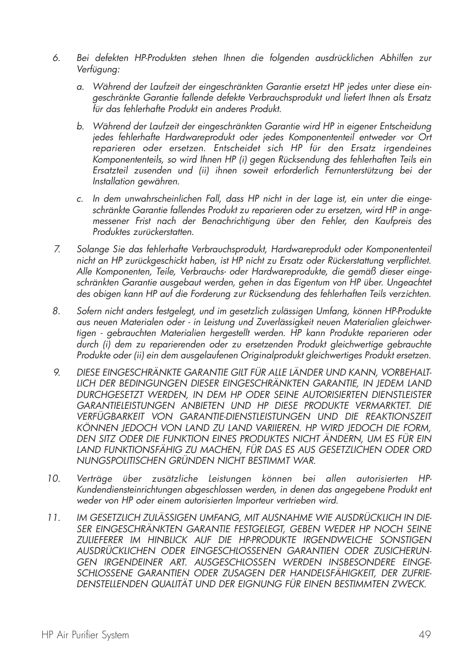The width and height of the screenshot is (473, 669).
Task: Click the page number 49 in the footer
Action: pos(424,635)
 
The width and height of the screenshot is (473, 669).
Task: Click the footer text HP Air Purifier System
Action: pos(85,635)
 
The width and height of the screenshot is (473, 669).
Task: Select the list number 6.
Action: pos(56,58)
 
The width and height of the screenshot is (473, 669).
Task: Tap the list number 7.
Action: pos(57,249)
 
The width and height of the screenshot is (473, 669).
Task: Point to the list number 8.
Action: pos(56,311)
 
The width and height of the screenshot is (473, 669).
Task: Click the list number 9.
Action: pos(57,373)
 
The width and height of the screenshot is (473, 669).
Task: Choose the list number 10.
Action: pos(54,479)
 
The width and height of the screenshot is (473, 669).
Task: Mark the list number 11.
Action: pos(54,518)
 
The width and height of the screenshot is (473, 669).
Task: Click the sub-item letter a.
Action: pos(80,87)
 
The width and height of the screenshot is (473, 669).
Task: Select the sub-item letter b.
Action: pos(80,127)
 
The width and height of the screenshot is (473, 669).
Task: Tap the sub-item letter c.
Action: pos(80,199)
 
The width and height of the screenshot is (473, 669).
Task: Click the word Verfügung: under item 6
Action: pos(98,69)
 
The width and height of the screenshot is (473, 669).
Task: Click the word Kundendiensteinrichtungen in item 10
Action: pos(130,490)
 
